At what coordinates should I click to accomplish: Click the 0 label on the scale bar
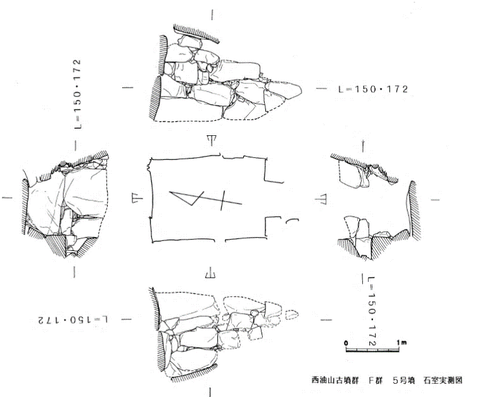coord(346,343)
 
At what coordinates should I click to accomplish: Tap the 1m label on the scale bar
coord(402,342)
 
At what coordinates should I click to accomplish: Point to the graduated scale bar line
coord(372,350)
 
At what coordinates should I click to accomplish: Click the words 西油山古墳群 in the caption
coord(335,381)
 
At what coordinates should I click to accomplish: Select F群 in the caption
coord(376,381)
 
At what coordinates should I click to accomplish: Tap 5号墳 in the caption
coord(403,381)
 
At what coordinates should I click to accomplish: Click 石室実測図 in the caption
coord(443,381)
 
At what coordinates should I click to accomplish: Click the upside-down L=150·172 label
coord(73,321)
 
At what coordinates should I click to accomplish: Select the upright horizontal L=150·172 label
coord(373,89)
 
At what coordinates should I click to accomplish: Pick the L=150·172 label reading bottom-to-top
coord(77,94)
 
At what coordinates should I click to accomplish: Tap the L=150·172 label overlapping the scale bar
coord(372,311)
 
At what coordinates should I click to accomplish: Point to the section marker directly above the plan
coord(212,140)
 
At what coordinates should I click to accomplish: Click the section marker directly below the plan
coord(210,272)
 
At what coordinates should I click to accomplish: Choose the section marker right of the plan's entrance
coord(321,199)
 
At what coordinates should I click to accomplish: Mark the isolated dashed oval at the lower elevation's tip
coord(291,315)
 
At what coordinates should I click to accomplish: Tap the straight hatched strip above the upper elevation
coord(196,34)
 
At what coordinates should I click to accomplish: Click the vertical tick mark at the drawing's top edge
coord(212,15)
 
